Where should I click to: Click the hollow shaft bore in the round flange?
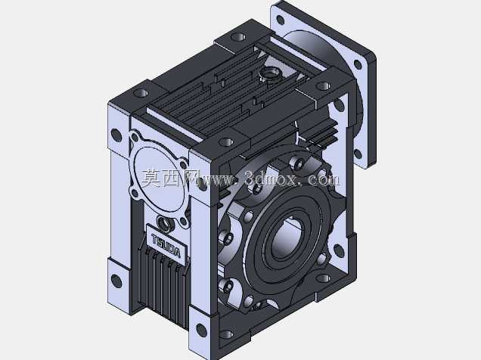[287, 237]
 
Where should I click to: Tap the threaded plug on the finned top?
[270, 75]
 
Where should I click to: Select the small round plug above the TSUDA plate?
[166, 224]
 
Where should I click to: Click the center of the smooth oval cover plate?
[160, 179]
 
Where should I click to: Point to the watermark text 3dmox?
[271, 178]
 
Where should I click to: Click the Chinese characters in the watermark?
[169, 178]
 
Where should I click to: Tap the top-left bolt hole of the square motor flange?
[280, 20]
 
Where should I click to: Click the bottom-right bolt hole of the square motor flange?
[358, 154]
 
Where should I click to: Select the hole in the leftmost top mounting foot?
[141, 92]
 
